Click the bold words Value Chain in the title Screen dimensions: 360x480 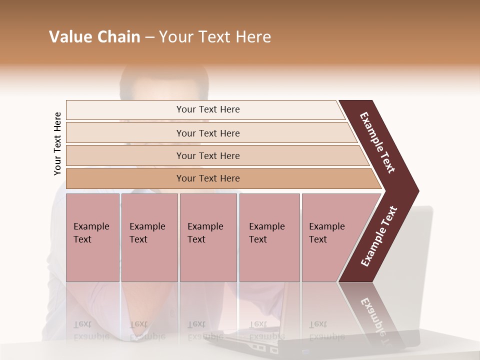[x=94, y=37]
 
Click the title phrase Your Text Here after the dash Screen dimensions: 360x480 [x=215, y=37]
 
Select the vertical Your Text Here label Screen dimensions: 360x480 [x=57, y=143]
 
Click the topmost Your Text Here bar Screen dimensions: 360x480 [x=208, y=109]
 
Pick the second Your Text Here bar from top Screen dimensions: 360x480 [x=208, y=133]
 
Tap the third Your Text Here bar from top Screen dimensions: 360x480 [x=208, y=155]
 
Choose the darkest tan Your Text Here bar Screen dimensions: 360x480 [x=208, y=178]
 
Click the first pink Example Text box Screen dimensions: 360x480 [x=92, y=237]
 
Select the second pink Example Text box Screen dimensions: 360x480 [x=149, y=237]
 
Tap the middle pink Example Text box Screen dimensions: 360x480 [x=208, y=237]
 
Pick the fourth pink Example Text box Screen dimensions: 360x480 [x=269, y=237]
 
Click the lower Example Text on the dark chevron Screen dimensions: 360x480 [x=379, y=236]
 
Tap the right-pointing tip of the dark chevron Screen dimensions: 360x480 [x=415, y=191]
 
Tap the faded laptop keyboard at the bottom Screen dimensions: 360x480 [x=260, y=345]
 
